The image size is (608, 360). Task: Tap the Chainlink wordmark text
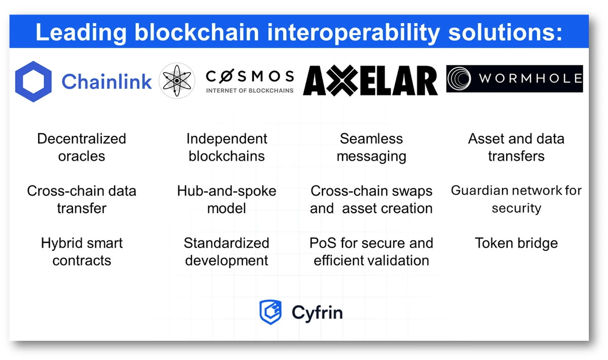(106, 81)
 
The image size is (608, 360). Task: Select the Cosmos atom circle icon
(177, 81)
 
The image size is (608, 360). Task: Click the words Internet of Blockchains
(250, 91)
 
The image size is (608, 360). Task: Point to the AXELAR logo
(370, 81)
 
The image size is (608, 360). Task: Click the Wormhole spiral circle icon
(462, 79)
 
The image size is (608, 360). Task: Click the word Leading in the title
(80, 33)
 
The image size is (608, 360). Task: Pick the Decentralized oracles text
(82, 147)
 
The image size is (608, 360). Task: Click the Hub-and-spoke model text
(226, 199)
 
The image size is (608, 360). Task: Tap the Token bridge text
(516, 243)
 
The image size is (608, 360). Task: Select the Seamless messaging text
(371, 147)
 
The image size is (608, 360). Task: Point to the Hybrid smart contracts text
(82, 251)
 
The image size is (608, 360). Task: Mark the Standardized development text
(226, 251)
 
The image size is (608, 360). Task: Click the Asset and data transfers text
(516, 147)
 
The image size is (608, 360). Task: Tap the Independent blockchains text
(226, 147)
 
